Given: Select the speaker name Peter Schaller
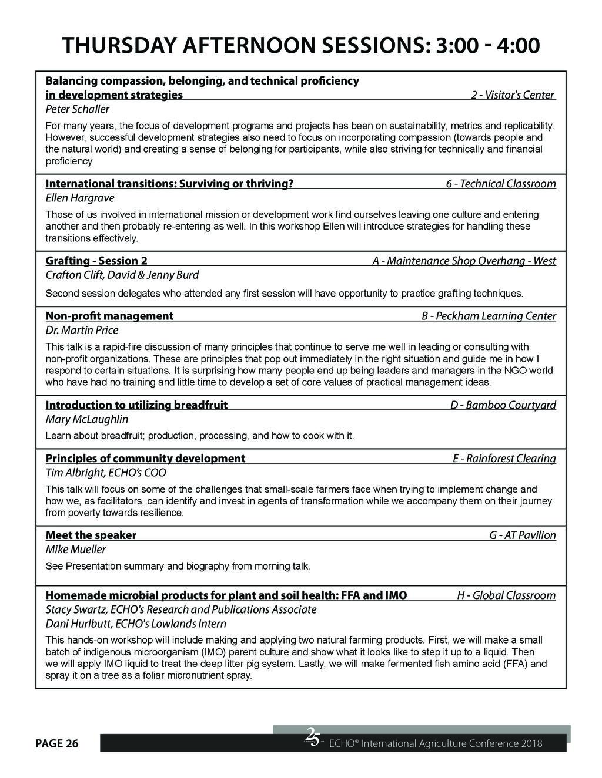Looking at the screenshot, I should coord(78,109).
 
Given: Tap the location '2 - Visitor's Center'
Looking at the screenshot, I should coord(513,95).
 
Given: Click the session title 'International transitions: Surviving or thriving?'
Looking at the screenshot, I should coord(169,184).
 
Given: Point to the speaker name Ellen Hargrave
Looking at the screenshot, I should coord(80,198).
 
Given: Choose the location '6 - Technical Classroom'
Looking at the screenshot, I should coord(500,184).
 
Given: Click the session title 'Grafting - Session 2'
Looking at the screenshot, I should coord(96,261).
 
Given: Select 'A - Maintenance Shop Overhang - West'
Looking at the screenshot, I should coord(464,261).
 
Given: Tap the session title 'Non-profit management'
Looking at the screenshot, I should coord(109,316).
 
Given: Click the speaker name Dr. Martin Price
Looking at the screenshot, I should coord(82,330).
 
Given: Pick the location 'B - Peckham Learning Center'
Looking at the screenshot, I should coord(489,316).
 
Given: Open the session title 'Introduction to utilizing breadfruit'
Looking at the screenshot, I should coord(136,405).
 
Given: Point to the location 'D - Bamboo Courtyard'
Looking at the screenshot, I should coord(503,405).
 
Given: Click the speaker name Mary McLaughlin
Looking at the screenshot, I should coord(87,419).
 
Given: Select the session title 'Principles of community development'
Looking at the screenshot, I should coord(145,459).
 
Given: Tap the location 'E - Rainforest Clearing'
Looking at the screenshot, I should coord(504,459).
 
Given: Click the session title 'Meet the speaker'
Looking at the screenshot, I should coord(91,535).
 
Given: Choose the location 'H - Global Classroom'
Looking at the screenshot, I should coord(506,595).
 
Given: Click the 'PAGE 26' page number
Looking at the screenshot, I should coord(57,744).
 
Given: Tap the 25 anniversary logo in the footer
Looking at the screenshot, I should coord(312,737).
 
